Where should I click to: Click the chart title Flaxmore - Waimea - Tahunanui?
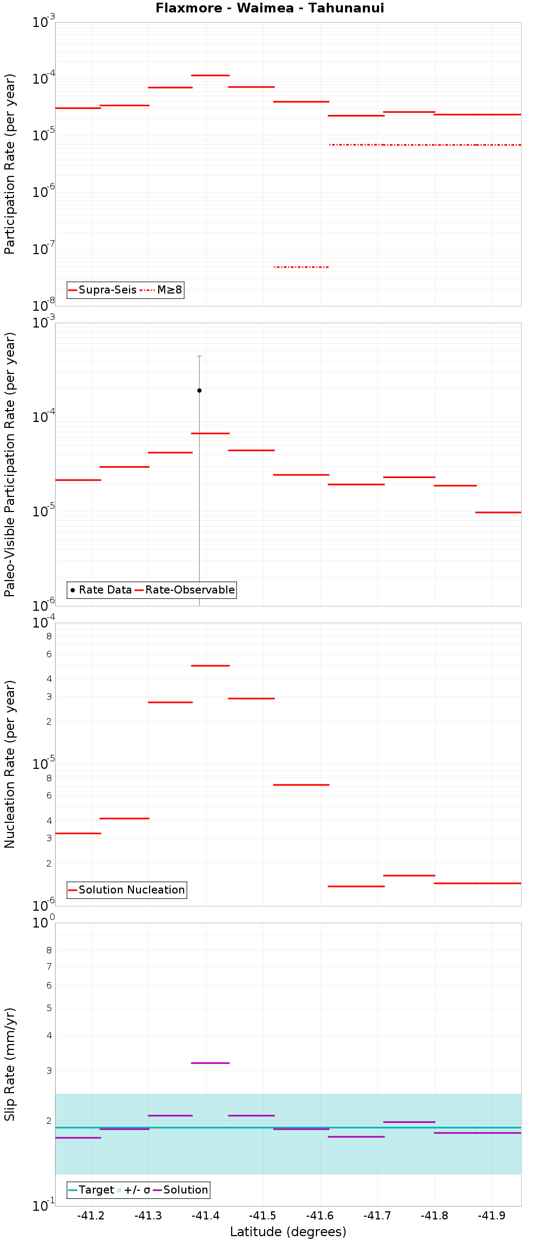[270, 8]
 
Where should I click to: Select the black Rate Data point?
[199, 390]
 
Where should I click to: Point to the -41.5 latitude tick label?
[263, 1216]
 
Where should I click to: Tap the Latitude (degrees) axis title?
[288, 1232]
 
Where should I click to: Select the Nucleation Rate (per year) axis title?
[10, 764]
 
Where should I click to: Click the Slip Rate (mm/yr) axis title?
[10, 1064]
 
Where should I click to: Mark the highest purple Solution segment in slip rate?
[210, 1063]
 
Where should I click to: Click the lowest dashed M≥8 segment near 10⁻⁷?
[301, 267]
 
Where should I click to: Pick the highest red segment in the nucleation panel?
[210, 666]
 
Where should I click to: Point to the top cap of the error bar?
[199, 356]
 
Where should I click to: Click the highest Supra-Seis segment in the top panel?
[210, 76]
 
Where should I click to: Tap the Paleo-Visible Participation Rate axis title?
[10, 464]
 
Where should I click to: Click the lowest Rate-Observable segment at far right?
[498, 512]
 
